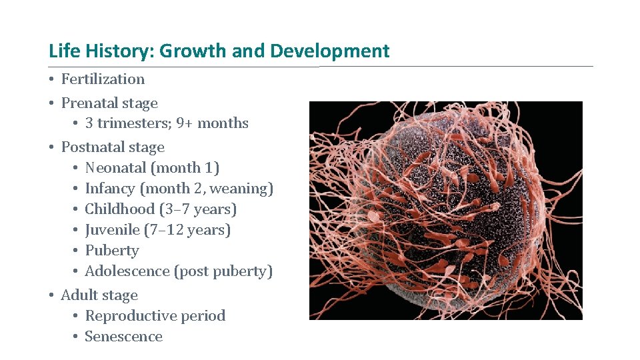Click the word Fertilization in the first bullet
103,79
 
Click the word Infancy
110,189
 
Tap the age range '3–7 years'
198,209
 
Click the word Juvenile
112,230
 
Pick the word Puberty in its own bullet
112,251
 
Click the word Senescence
124,337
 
